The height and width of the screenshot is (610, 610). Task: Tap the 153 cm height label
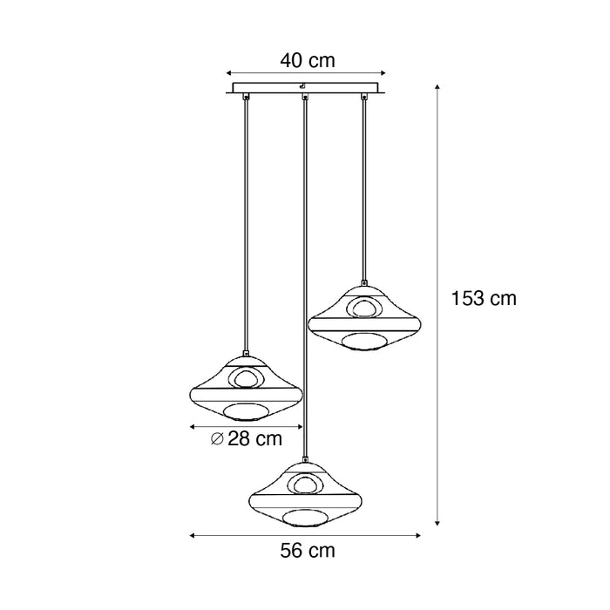[484, 299]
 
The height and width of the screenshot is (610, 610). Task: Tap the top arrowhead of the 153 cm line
[437, 86]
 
